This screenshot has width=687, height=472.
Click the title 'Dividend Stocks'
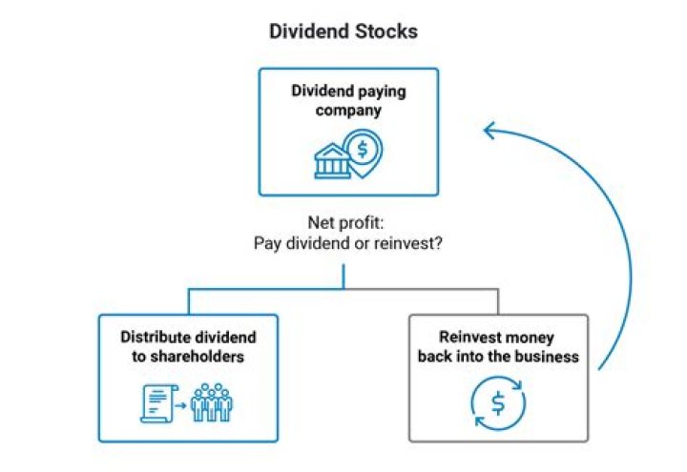pyautogui.click(x=343, y=31)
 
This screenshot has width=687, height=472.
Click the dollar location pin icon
pyautogui.click(x=364, y=151)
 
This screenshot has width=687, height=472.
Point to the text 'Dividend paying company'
pyautogui.click(x=348, y=101)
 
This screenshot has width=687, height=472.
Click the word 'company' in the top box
pyautogui.click(x=349, y=110)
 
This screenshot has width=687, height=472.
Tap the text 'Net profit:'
pyautogui.click(x=343, y=223)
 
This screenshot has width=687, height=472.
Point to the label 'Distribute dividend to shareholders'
pyautogui.click(x=188, y=347)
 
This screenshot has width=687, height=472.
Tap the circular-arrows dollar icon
pyautogui.click(x=497, y=403)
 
